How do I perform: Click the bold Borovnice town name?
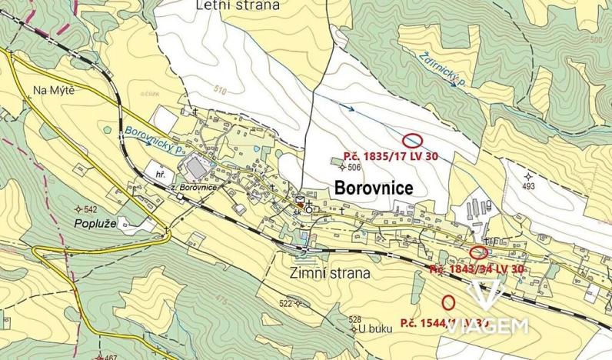374,188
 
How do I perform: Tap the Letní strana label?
241,5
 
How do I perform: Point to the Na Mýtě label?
53,91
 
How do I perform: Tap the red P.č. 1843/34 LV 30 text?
477,269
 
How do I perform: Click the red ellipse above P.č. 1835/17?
413,140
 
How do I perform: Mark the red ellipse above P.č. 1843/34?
478,252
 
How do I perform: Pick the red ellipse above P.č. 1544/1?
448,302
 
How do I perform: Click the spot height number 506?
354,167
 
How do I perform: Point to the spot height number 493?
528,185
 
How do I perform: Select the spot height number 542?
90,209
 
